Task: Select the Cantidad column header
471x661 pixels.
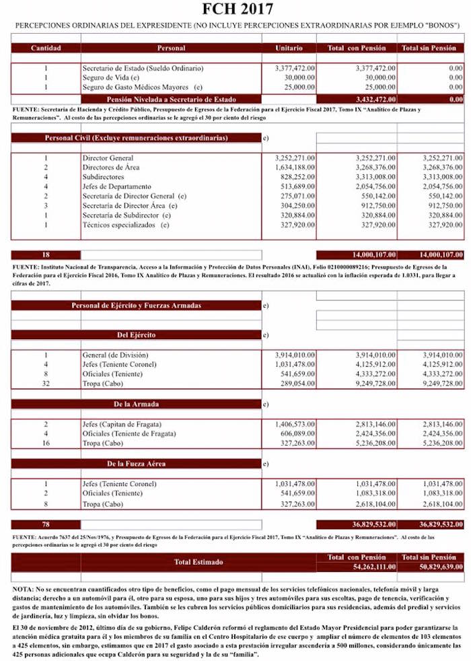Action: click(46, 48)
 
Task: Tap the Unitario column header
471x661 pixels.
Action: click(289, 48)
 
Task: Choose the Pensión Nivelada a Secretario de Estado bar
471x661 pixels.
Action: click(171, 99)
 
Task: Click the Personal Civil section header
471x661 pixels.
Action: click(136, 138)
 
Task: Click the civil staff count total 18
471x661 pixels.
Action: click(46, 255)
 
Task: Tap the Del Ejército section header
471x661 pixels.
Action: click(136, 335)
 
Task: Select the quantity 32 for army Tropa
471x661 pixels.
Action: click(46, 383)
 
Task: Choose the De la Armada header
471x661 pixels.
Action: click(136, 405)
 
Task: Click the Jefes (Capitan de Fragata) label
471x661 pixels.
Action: click(122, 425)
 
